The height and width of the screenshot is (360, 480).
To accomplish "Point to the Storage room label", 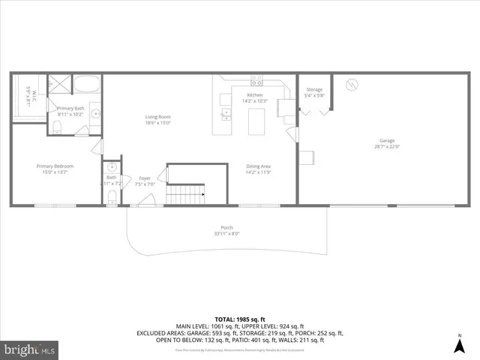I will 314,89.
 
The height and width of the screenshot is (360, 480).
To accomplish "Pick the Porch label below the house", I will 226,228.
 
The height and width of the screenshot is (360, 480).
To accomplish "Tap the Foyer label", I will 145,178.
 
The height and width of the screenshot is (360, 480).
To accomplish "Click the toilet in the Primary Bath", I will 58,125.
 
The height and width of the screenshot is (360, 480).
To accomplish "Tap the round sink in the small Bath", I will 112,166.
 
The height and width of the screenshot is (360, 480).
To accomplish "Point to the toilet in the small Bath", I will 112,196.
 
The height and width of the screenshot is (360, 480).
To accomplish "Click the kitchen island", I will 257,121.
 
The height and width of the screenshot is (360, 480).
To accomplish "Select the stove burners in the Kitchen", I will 256,79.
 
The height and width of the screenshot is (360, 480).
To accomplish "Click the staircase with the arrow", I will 185,195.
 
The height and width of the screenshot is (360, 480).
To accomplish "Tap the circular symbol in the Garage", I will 350,85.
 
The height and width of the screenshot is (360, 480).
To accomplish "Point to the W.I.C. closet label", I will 28,95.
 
